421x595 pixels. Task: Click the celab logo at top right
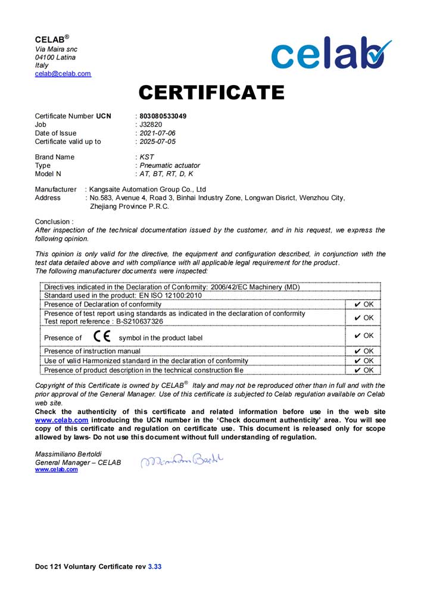[x=331, y=53]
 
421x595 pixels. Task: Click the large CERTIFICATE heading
[x=211, y=93]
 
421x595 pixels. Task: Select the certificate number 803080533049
[x=163, y=116]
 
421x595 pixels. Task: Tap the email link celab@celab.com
[x=63, y=74]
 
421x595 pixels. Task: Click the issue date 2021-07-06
[x=157, y=133]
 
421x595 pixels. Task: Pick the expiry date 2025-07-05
[x=157, y=142]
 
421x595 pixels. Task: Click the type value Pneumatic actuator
[x=169, y=165]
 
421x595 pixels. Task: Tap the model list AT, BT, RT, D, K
[x=166, y=174]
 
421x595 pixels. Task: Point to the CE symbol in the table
[x=102, y=337]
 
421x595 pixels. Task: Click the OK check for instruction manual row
[x=363, y=351]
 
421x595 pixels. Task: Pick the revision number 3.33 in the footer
[x=154, y=567]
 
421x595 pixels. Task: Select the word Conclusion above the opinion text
[x=52, y=221]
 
